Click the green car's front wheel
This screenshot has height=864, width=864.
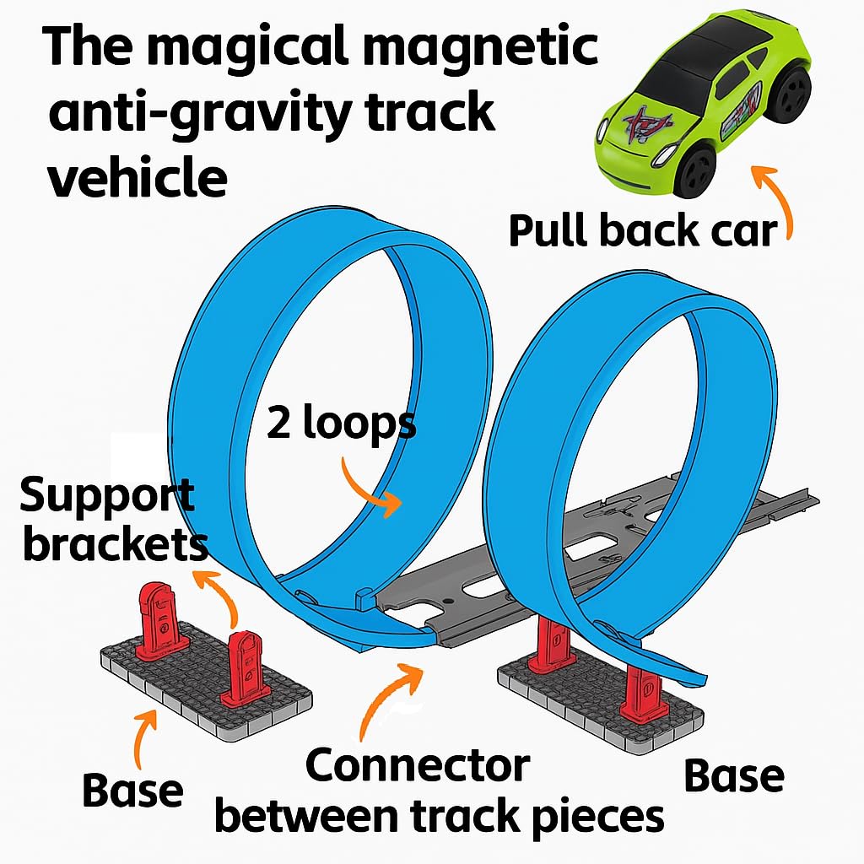click(698, 169)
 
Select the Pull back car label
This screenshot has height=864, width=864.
click(642, 229)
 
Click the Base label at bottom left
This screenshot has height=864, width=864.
click(132, 791)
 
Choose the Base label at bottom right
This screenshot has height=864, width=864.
click(733, 775)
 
